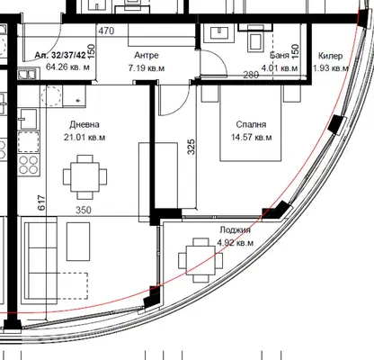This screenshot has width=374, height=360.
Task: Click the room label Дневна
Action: coord(85,124)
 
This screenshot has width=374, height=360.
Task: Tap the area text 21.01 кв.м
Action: coord(85,138)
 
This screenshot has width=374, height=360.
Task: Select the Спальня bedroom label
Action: coord(251,124)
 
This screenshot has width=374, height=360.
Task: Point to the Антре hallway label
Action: coord(147,56)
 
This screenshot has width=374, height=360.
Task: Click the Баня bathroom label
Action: coord(280,55)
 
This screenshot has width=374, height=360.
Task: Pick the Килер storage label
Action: coord(330,56)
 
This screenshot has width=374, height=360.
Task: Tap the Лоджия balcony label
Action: coord(235,230)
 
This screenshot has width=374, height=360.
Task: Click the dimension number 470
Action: coord(106,31)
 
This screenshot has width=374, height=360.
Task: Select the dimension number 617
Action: coord(41,202)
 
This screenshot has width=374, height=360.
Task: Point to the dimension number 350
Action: coord(84,210)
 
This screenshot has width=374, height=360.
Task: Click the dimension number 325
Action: coord(191,147)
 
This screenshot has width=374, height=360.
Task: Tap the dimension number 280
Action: coord(251,75)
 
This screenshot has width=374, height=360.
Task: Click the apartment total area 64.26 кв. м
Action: coord(67,67)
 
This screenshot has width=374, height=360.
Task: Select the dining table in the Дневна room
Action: coord(85,177)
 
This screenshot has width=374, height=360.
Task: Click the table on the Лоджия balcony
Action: coord(200,260)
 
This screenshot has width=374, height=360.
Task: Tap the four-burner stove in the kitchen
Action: coord(29,165)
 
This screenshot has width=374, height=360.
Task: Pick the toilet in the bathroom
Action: coord(255,38)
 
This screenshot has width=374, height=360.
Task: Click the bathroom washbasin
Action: coord(218,33)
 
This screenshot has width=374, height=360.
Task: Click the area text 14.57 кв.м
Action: coord(251,138)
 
